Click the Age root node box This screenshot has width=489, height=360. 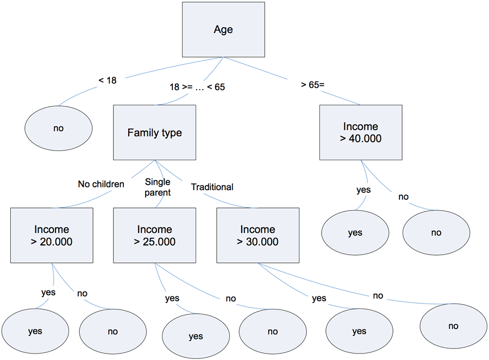coord(223,29)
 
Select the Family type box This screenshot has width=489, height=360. coord(154,132)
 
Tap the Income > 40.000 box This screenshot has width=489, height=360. coord(361,132)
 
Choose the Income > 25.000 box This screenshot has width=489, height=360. coord(154,236)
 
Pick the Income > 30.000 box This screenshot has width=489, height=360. coord(258,236)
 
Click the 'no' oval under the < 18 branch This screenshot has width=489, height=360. coord(58,128)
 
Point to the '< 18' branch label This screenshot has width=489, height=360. coord(108,80)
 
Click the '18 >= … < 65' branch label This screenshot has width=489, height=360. coord(197,87)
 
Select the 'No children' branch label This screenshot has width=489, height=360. coord(101,184)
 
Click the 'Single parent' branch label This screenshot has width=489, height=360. coord(158,188)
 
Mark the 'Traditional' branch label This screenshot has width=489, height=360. coord(212,187)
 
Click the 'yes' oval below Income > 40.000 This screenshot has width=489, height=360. coord(355,233)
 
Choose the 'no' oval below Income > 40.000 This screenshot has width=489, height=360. coord(436,233)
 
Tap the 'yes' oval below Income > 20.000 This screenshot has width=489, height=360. coord(35,331)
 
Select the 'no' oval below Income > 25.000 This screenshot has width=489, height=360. coord(272,331)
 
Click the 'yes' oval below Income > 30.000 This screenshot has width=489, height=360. coord(359,331)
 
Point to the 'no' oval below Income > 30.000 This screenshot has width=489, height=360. coord(453,326)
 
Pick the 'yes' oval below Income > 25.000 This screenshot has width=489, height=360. coord(196,336)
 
